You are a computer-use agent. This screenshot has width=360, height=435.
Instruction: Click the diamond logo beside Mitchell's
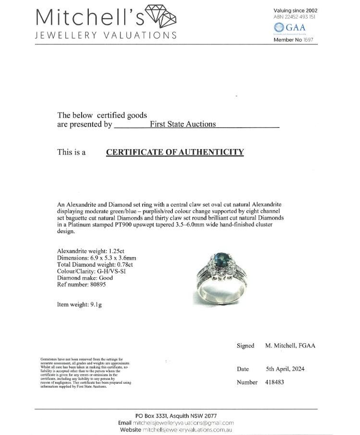pos(160,18)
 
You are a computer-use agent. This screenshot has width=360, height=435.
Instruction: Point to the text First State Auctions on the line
pos(182,124)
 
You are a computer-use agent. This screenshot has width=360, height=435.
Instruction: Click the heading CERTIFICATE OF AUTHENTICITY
pos(175,153)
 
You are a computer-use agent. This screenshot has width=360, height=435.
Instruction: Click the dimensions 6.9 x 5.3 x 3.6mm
pos(112,258)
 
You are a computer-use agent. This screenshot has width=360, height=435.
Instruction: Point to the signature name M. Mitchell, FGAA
pos(290,346)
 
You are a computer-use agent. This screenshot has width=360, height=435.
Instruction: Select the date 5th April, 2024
pos(285,369)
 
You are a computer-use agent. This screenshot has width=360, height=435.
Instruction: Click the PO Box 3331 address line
pos(176,416)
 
